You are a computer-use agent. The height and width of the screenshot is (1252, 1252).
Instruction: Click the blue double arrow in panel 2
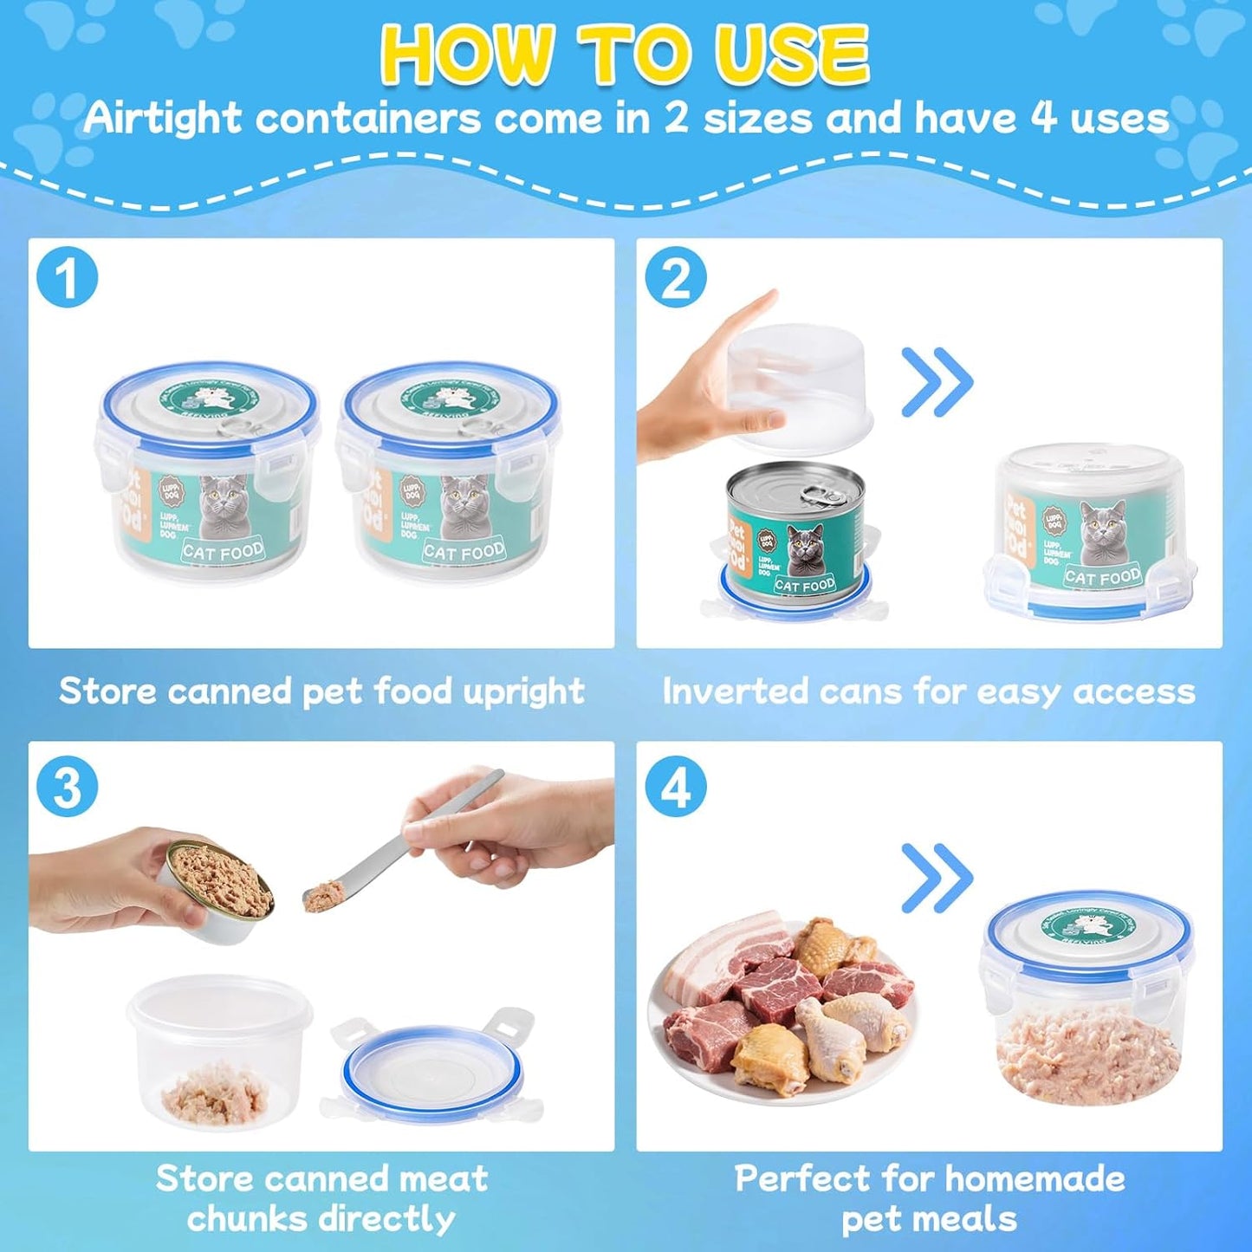tap(937, 382)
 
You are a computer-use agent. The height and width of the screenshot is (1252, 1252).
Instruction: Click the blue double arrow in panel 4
tap(937, 878)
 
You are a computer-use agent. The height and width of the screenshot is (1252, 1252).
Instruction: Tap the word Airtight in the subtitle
tap(161, 118)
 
